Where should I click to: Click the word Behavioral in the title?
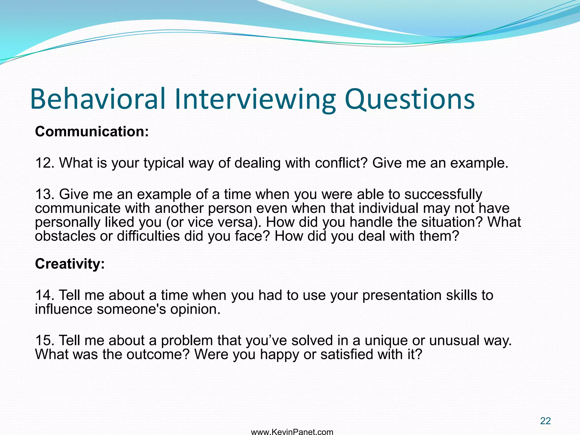(98, 99)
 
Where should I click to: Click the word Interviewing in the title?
(255, 99)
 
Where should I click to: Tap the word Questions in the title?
(409, 99)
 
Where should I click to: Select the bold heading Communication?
(92, 132)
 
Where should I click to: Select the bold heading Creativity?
(70, 264)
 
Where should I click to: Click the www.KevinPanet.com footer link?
(292, 432)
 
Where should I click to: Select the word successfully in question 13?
(443, 195)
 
